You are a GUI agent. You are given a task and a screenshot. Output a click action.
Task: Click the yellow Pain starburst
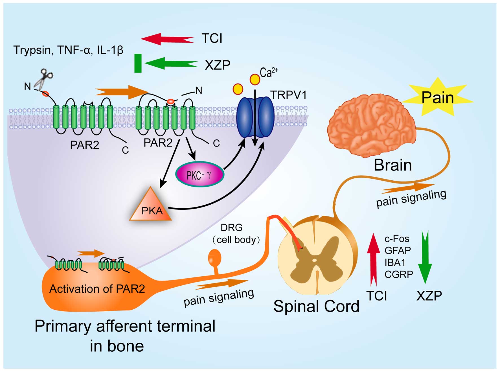[x=437, y=97]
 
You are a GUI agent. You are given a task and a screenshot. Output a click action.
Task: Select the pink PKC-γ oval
[x=200, y=174]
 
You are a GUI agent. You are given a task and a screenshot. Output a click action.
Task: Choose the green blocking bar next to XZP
[x=138, y=63]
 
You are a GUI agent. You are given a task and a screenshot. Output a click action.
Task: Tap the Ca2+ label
[x=268, y=73]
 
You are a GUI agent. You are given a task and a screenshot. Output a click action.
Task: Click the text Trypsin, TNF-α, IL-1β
[x=68, y=50]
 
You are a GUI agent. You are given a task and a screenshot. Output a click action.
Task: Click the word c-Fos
[x=397, y=239]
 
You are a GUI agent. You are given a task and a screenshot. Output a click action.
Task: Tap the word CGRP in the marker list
[x=399, y=274]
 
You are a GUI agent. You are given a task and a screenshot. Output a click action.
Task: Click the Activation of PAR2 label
[x=97, y=289]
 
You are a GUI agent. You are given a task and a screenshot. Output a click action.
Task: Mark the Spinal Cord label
[x=316, y=306]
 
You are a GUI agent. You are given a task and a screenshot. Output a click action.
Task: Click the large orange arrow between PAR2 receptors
[x=121, y=92]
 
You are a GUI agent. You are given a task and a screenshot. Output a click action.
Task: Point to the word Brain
[x=393, y=165]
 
